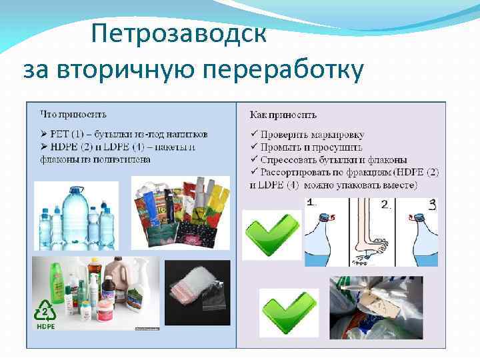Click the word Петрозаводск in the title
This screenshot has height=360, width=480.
(x=179, y=33)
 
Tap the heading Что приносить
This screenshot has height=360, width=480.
(x=73, y=115)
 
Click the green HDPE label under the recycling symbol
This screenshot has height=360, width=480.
(x=45, y=328)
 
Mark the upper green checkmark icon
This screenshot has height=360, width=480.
(x=271, y=233)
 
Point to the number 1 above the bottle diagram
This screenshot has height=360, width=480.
(x=311, y=203)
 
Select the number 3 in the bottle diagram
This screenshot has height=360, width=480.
(x=432, y=205)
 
